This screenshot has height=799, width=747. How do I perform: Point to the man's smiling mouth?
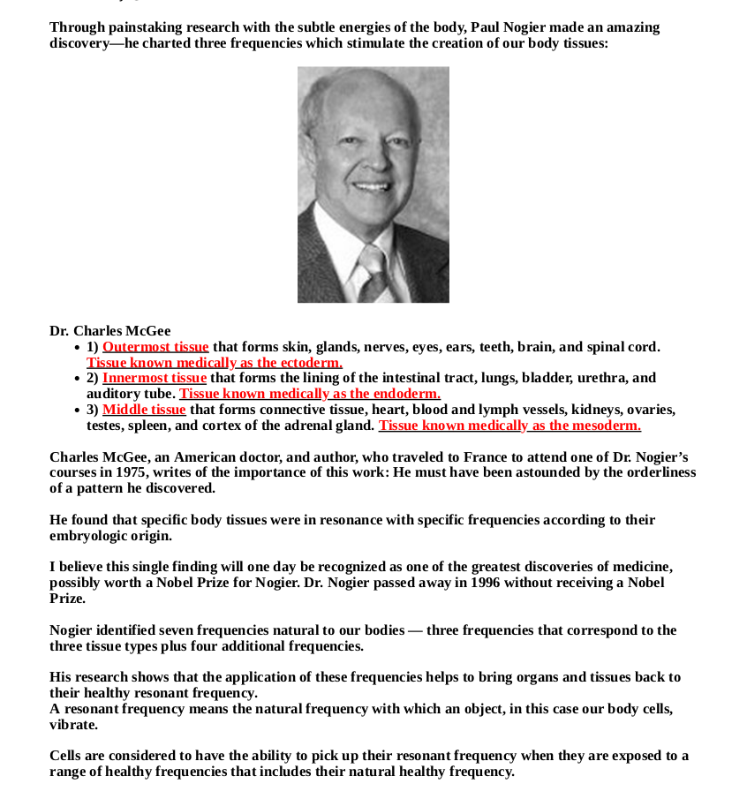[368, 187]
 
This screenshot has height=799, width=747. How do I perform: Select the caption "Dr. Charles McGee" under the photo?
[109, 331]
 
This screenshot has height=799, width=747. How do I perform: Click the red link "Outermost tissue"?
[155, 347]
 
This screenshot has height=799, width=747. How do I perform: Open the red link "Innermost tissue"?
[155, 378]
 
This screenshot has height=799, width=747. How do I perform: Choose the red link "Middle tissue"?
[144, 410]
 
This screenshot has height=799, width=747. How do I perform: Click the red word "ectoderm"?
[310, 363]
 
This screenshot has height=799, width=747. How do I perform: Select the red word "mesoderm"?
[607, 426]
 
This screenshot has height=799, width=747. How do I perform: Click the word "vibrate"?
[73, 725]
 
